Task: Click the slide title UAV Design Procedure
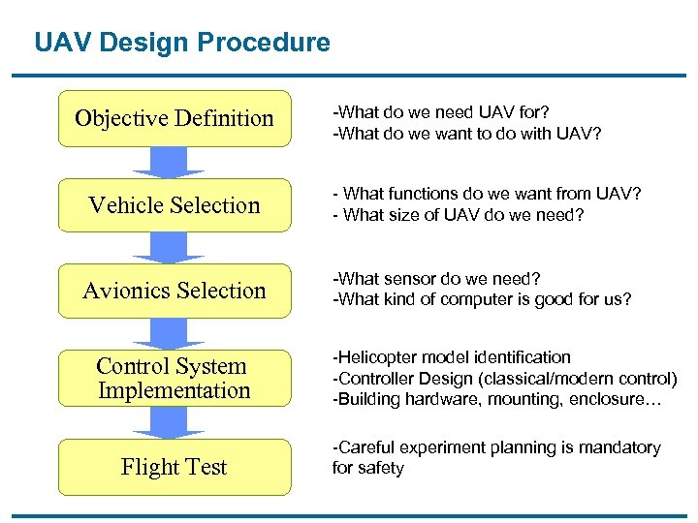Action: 181,43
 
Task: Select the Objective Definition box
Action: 174,118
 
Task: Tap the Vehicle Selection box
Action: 174,205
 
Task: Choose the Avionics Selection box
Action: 174,291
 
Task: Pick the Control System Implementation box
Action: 174,378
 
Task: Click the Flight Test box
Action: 174,467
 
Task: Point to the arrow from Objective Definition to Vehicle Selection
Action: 168,162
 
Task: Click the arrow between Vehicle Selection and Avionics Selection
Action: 168,247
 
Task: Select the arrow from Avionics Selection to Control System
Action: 168,333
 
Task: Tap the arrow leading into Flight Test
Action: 168,422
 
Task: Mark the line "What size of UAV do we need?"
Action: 459,214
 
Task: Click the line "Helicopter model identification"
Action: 452,357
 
